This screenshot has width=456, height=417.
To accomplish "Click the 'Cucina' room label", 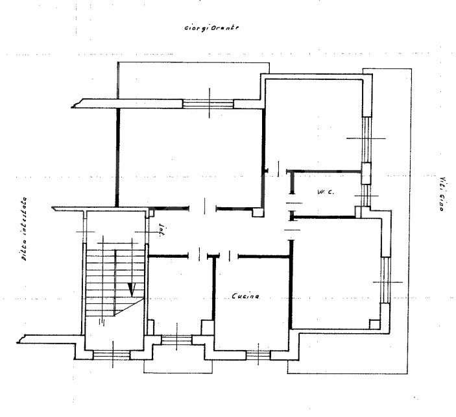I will click(245, 296).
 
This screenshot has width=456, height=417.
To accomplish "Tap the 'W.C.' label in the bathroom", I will click(325, 192).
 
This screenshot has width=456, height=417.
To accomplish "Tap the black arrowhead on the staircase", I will click(133, 286).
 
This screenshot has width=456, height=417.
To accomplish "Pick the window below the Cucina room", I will click(258, 353).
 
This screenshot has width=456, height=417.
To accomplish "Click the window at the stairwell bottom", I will click(112, 354).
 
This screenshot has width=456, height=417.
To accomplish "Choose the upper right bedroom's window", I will click(366, 138).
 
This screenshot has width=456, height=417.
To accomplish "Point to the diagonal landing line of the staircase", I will click(128, 307).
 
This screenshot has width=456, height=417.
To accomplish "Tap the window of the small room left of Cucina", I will click(176, 338).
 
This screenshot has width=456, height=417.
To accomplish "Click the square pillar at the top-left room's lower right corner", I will click(258, 212).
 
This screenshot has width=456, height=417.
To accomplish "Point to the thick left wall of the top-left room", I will click(117, 156).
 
